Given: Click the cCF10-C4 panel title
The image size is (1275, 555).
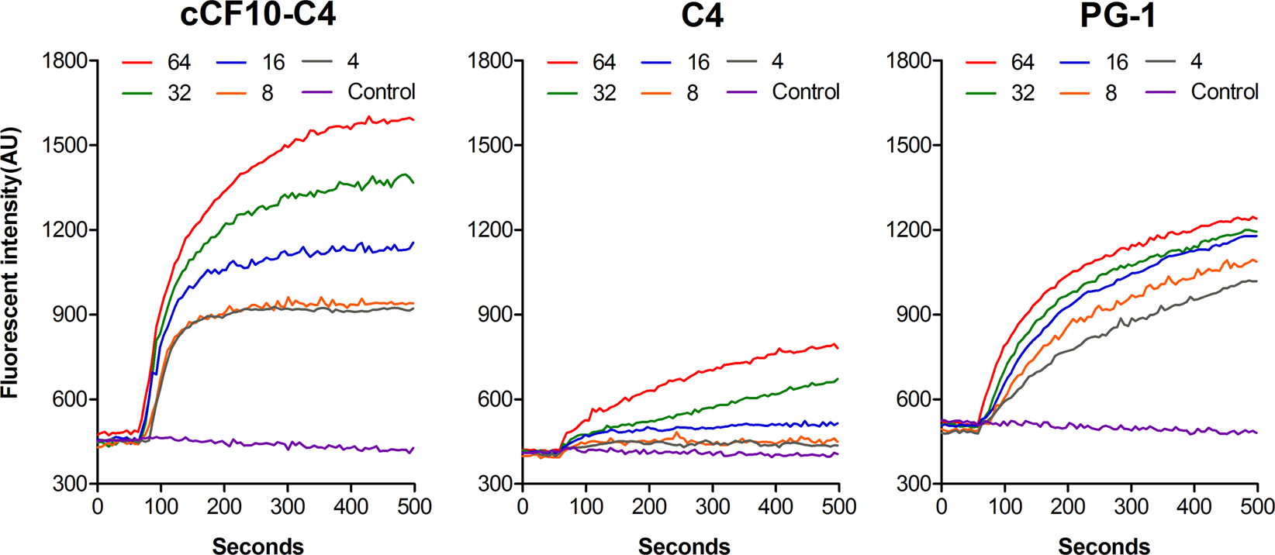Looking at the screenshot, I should pyautogui.click(x=258, y=15).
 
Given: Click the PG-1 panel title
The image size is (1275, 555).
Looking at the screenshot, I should pyautogui.click(x=1118, y=15).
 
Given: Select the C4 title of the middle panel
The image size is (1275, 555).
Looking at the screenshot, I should pyautogui.click(x=702, y=15).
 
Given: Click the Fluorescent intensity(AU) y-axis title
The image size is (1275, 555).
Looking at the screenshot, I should pyautogui.click(x=10, y=264).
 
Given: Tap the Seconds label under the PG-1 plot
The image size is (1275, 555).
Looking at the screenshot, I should pyautogui.click(x=1104, y=546).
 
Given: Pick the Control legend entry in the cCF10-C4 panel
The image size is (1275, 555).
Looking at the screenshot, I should pyautogui.click(x=381, y=92).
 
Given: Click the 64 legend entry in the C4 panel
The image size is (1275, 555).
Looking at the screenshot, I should pyautogui.click(x=603, y=62).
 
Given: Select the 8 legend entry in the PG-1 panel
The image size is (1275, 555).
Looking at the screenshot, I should pyautogui.click(x=1111, y=93).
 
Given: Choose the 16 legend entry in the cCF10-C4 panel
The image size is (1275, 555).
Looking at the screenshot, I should pyautogui.click(x=273, y=62).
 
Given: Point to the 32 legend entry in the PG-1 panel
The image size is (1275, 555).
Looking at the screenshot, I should pyautogui.click(x=1022, y=93).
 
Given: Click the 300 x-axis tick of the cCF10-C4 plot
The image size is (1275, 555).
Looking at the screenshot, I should pyautogui.click(x=288, y=507).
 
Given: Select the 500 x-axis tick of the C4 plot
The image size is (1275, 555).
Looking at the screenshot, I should pyautogui.click(x=838, y=507).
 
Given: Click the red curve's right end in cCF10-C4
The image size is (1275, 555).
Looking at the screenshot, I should pyautogui.click(x=413, y=119).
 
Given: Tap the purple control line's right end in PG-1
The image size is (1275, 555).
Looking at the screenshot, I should pyautogui.click(x=1256, y=433).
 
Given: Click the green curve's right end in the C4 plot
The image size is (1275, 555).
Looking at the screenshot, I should pyautogui.click(x=837, y=379).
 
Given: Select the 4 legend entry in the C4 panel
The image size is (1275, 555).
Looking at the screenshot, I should pyautogui.click(x=777, y=62).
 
